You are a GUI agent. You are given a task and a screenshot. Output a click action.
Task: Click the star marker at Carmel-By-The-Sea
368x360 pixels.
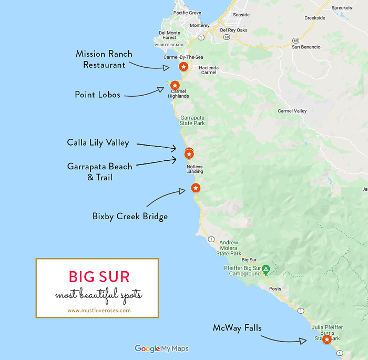click(x=183, y=67)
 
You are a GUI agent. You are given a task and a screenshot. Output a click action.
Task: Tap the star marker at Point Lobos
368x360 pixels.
click(x=175, y=85)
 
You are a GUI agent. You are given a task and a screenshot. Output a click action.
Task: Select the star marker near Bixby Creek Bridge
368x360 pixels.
click(x=195, y=188)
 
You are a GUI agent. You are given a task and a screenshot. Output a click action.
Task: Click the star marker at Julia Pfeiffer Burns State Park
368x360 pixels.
click(x=326, y=340)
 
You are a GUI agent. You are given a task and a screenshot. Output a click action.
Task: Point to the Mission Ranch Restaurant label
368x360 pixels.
click(x=104, y=59)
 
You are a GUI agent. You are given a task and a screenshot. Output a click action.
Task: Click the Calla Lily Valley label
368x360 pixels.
click(x=98, y=142)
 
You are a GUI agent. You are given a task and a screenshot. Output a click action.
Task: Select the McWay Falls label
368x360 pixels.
click(x=237, y=327)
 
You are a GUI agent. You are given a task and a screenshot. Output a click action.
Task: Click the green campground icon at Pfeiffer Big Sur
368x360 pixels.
click(x=266, y=269)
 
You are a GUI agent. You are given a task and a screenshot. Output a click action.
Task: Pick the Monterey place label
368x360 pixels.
click(x=200, y=25)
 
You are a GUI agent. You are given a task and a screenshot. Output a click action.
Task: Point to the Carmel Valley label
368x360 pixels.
click(x=292, y=111)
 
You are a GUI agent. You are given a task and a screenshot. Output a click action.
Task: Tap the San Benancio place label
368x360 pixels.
click(x=306, y=47)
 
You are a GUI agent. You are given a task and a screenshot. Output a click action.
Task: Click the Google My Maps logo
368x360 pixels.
click(x=161, y=348)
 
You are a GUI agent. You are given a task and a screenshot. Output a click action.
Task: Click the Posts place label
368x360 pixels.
click(x=275, y=289)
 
